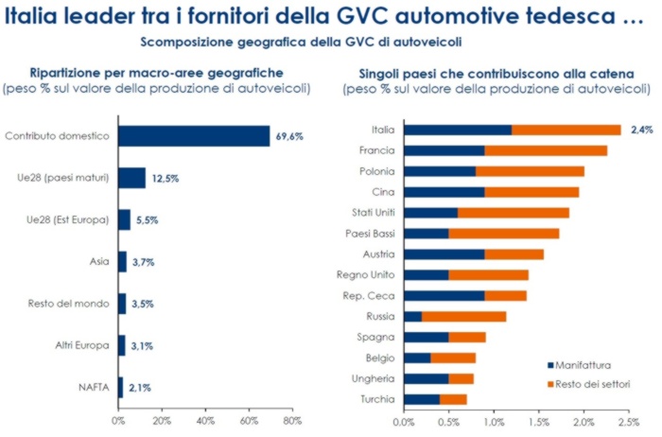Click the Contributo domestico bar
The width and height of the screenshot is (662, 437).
pos(194,135)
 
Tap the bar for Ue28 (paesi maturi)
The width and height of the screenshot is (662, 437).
pos(132,178)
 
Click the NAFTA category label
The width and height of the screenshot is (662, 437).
pos(93,386)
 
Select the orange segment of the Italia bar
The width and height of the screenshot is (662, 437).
pos(566,130)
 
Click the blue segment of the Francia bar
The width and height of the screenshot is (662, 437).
pos(444,149)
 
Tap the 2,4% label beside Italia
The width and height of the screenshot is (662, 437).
pos(642,130)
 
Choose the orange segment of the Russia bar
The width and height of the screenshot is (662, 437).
pos(463,316)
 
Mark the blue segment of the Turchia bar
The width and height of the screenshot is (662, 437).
pos(422,399)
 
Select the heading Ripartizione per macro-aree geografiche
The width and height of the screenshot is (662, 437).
pos(157,72)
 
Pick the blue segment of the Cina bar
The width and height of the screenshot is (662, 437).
pos(444,191)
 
